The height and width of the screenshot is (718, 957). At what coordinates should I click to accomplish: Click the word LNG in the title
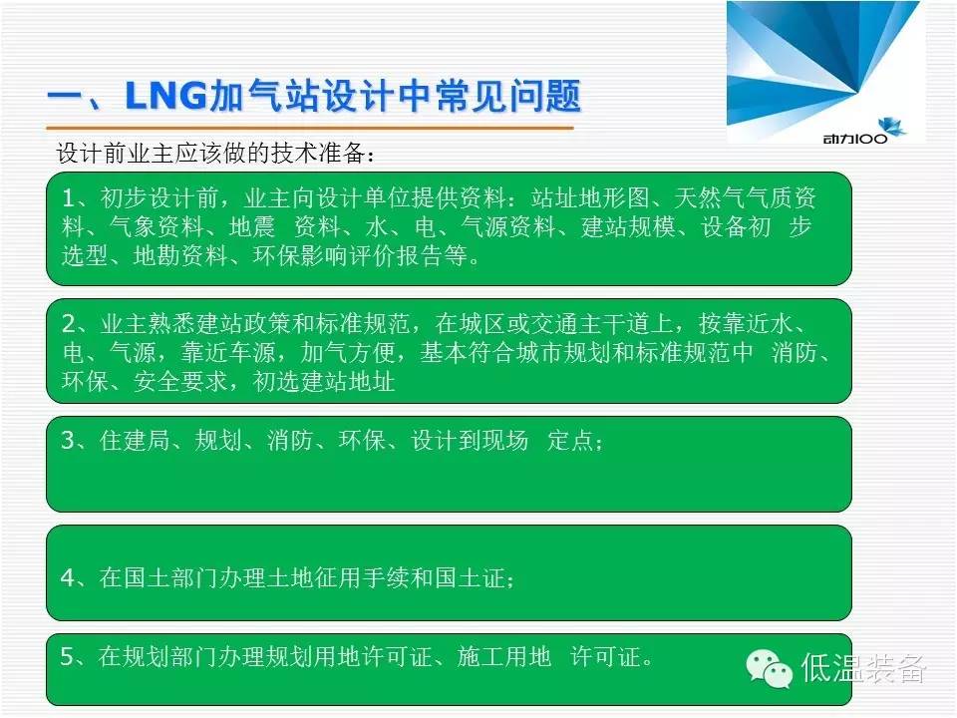click(165, 97)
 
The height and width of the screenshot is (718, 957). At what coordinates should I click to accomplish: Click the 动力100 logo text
click(855, 139)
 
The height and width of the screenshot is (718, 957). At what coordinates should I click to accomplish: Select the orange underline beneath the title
click(310, 129)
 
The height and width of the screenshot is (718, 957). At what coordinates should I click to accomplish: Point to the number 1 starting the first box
click(69, 198)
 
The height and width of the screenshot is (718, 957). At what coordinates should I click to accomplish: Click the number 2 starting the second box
click(69, 323)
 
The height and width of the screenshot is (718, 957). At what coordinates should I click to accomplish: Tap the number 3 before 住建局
click(69, 440)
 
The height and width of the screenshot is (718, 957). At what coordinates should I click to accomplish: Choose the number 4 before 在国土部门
click(69, 577)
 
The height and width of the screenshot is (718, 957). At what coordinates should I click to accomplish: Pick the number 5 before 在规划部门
click(68, 656)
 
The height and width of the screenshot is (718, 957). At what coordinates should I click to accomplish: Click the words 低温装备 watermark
click(863, 668)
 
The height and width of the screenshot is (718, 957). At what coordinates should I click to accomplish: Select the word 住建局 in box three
click(135, 440)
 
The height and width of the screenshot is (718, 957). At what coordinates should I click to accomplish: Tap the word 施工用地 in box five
click(504, 656)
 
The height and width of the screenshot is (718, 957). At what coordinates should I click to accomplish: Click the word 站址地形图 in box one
click(590, 197)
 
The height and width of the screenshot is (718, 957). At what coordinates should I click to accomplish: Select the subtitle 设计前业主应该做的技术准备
click(211, 153)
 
